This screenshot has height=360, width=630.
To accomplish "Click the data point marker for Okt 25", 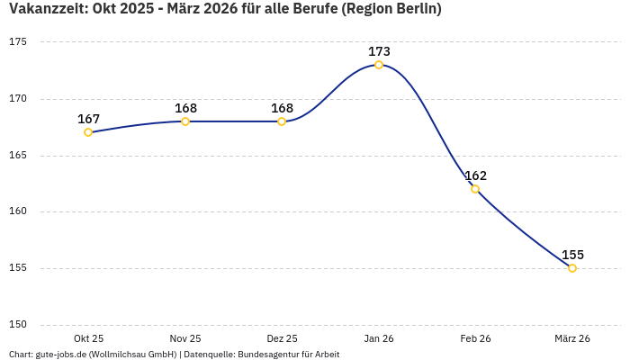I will (x=88, y=132).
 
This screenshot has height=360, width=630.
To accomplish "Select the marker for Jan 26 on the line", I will (x=379, y=65).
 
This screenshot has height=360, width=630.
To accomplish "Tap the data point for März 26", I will (x=572, y=268).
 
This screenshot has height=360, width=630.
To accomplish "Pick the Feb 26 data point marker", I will (x=475, y=189).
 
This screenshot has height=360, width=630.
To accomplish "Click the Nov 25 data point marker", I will (x=185, y=121).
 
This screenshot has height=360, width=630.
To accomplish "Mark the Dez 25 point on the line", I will (x=282, y=121).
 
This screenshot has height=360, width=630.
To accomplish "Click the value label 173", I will (x=379, y=51).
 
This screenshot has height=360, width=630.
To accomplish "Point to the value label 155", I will (x=572, y=255).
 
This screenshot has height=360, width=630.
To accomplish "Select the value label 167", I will (x=88, y=119).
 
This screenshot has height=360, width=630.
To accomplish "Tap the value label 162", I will (x=475, y=175).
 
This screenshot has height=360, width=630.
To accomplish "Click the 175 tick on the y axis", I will (x=19, y=42).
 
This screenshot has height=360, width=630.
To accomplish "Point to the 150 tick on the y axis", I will (x=19, y=325).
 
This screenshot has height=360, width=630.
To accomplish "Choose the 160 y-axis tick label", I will (x=19, y=211).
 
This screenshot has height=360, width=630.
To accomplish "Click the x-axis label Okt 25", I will (x=88, y=338).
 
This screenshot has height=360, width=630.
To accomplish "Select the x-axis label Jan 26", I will (x=379, y=338).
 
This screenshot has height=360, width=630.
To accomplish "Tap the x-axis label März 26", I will (x=572, y=338).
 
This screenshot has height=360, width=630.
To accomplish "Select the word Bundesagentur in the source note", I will (x=270, y=355).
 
